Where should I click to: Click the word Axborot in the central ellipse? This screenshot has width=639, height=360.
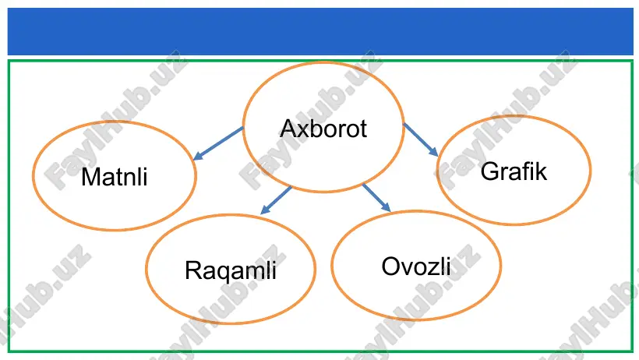coord(323,129)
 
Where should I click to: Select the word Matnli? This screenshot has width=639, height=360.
coord(114,177)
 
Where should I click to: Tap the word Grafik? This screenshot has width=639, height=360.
coord(514,171)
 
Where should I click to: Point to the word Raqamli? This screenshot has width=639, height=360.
coord(231,270)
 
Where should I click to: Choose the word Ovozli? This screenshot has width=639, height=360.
coord(416,266)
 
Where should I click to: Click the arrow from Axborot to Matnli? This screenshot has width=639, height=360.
coord(218,143)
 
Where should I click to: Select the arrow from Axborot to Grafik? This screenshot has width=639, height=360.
coord(421,139)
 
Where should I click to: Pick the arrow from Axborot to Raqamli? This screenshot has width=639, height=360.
coord(276,200)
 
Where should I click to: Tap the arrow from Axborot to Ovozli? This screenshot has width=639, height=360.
coord(376,198)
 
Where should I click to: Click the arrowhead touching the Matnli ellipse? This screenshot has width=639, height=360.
coord(197,156)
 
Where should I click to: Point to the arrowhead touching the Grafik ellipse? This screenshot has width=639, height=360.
coord(433,152)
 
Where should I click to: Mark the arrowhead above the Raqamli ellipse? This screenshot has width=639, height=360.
coord(264,210)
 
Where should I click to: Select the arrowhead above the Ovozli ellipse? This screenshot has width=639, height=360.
coord(387,206)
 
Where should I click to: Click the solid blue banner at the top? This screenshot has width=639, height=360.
coord(320,31)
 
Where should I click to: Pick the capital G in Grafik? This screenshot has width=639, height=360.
coord(489,171)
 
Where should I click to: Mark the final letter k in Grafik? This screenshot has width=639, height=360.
coord(541,171)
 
